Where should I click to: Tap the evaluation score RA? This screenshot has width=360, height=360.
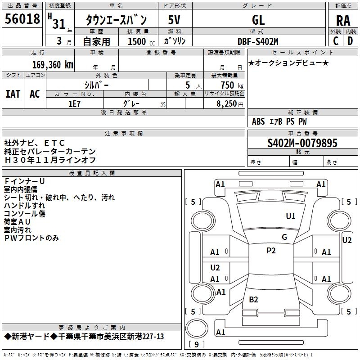click(343, 21)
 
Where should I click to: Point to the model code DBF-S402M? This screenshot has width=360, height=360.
click(258, 41)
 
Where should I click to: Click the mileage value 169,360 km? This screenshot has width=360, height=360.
click(53, 64)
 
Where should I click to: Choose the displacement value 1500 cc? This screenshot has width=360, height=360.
click(137, 41)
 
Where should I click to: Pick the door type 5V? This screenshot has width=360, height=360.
click(175, 20)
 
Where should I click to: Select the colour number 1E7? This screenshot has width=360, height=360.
click(74, 103)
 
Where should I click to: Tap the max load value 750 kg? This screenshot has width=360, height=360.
click(230, 85)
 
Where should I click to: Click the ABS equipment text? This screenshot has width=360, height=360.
click(259, 121)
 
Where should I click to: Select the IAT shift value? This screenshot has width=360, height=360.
click(13, 94)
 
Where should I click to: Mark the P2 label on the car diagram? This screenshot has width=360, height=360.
click(271, 251)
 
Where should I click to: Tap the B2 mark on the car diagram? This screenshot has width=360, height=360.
click(253, 299)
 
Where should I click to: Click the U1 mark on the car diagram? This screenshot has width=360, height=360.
click(291, 216)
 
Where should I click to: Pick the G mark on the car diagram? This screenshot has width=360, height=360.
click(284, 237)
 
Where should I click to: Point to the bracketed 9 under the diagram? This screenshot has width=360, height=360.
click(196, 344)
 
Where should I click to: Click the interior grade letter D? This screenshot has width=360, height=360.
click(350, 40)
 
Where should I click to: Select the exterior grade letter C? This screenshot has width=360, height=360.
click(335, 40)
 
